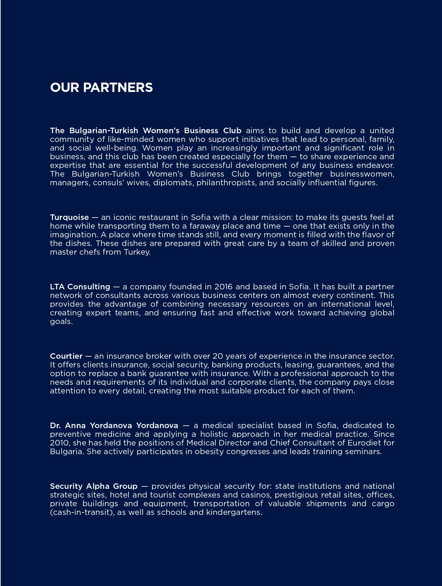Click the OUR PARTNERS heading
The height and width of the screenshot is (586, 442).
point(101,87)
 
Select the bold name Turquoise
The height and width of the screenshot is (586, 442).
point(69,218)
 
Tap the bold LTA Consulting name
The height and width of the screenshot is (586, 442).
point(80,287)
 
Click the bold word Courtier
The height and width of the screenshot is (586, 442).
point(66,356)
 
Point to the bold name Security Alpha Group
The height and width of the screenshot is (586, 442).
point(94,486)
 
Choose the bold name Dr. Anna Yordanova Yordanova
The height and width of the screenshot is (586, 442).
point(114,426)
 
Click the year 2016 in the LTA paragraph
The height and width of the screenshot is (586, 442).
point(224,287)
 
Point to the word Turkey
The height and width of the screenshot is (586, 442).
point(137,252)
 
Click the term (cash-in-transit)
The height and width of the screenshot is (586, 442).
point(82,512)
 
